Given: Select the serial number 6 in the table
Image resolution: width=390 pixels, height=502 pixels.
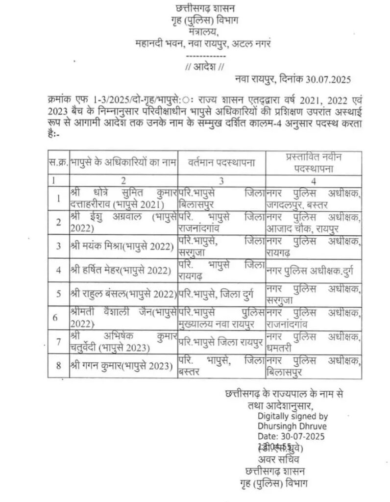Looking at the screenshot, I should click(x=58, y=317).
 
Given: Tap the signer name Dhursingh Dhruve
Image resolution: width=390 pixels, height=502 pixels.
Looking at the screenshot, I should click(x=292, y=426).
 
